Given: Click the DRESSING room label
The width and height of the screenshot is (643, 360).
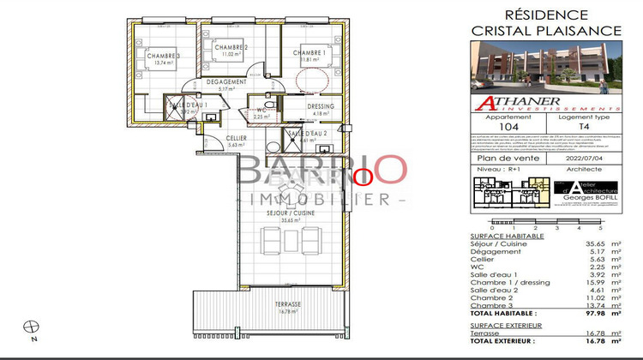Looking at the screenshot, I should tap(321, 107).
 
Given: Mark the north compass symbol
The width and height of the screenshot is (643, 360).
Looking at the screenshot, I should tap(33, 327).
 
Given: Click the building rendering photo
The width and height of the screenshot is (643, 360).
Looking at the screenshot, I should tap(546, 72).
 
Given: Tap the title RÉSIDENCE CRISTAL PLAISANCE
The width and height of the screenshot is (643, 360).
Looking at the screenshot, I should tap(546, 22).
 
